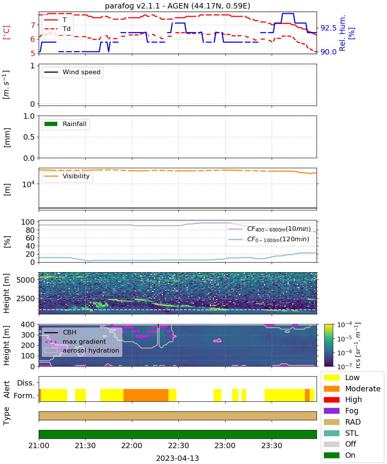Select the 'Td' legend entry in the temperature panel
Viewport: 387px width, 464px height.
point(57,29)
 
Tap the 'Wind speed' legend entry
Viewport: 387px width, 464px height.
point(72,72)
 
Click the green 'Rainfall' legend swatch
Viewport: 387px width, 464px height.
point(51,124)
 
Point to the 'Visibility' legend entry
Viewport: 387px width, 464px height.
point(67,176)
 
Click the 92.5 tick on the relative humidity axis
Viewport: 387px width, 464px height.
point(328,28)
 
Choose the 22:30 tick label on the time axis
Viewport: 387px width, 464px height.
point(178,445)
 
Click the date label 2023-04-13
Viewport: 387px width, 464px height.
point(177,458)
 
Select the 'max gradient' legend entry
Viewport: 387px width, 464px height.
point(75,341)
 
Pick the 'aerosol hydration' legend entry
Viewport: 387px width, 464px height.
point(82,350)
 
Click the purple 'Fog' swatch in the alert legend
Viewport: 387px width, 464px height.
point(331,411)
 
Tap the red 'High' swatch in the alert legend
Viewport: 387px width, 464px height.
point(331,399)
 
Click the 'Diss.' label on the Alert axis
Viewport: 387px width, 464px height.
point(26,383)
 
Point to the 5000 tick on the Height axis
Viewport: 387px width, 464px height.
point(26,280)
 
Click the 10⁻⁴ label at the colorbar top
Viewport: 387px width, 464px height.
point(344,325)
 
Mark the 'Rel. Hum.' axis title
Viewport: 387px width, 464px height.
point(342,33)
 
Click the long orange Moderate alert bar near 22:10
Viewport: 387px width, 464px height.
point(146,395)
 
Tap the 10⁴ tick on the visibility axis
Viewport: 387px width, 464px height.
point(29,184)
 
